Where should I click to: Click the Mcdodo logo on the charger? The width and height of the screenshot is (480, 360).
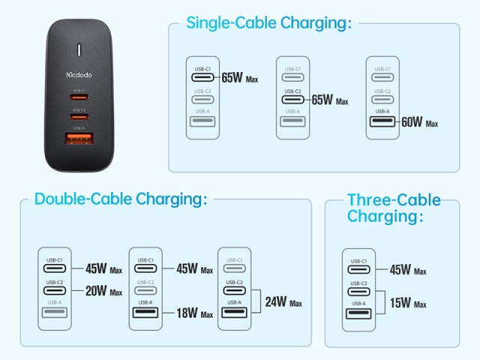(79, 74)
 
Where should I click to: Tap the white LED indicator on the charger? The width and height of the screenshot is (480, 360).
(79, 50)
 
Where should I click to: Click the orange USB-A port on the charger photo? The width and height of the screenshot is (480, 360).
(79, 138)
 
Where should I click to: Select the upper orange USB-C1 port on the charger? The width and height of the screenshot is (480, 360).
(79, 97)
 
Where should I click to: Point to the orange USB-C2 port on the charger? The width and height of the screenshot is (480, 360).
(79, 117)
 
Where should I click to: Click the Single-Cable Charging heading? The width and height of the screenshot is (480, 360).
(269, 23)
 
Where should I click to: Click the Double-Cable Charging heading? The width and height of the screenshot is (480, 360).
(121, 199)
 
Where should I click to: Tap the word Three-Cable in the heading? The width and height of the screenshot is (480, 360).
(394, 200)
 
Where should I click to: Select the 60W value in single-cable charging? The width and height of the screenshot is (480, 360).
(412, 121)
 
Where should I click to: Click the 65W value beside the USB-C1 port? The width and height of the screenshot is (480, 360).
(232, 78)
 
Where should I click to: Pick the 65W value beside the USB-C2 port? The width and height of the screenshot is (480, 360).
(322, 100)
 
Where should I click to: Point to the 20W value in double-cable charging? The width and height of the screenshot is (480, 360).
(96, 291)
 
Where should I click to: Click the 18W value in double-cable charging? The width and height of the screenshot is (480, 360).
(187, 313)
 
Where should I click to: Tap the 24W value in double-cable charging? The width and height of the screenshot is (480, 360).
(276, 301)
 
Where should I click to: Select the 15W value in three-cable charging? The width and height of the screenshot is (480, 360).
(400, 303)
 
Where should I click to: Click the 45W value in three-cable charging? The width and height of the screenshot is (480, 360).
(400, 270)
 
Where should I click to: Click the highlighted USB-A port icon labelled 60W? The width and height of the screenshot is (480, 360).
(382, 121)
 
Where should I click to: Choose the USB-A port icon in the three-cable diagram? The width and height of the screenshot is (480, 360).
(358, 313)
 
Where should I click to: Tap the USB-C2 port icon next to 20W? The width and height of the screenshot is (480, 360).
(55, 290)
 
